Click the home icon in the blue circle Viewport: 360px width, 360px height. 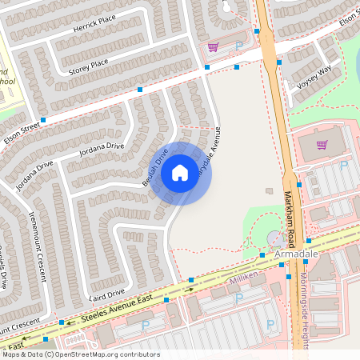pos(180,172)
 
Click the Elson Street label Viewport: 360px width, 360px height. pos(22,127)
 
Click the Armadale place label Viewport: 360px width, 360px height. pos(296,254)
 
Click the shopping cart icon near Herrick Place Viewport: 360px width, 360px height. pos(213,47)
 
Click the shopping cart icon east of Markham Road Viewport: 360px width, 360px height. pos(322,145)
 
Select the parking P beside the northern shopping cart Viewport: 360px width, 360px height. pos(238,46)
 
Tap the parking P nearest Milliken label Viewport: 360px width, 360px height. pos(238,299)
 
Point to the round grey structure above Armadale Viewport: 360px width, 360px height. pos(274,238)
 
